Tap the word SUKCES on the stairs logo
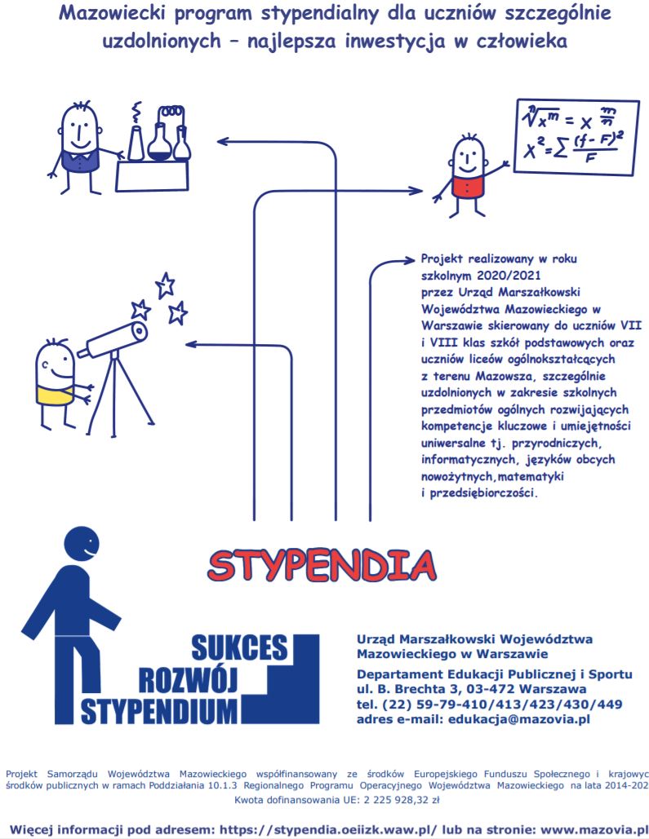click(x=239, y=647)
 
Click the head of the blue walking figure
click(x=81, y=541)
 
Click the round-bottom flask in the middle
click(x=159, y=143)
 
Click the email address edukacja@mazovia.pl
click(x=515, y=718)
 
